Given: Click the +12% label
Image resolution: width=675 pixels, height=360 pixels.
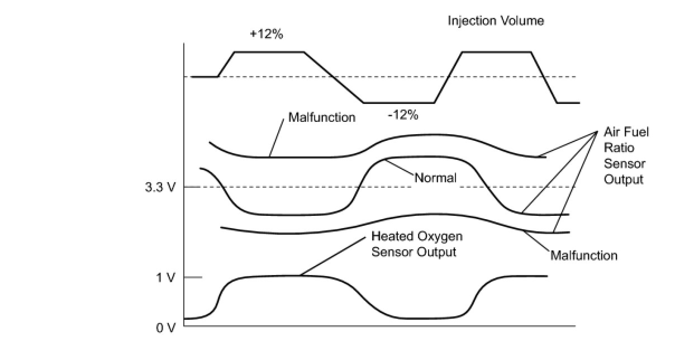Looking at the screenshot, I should point(267,34).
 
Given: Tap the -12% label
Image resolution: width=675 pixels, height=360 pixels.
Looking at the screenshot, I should point(403,116).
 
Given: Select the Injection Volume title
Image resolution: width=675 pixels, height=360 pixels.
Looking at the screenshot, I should point(496,21).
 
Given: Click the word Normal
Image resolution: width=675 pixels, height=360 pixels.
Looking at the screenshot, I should point(435,178).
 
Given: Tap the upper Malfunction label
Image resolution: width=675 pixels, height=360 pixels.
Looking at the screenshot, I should point(321,117).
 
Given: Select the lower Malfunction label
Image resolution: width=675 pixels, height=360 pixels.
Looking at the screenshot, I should point(584,255).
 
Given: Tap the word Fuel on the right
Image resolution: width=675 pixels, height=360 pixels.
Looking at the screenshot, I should point(638,132).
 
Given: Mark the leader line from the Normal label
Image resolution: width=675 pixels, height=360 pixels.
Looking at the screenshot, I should point(400,169).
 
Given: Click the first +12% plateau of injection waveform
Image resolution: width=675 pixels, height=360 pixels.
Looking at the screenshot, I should point(269,52).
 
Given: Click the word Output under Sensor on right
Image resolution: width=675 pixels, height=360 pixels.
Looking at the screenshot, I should point(624,179).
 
